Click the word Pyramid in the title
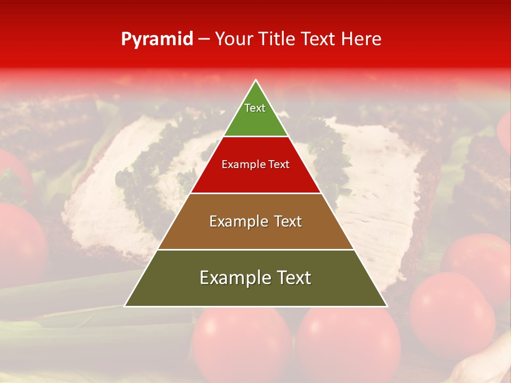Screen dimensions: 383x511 click(x=156, y=39)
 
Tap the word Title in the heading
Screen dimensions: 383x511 click(x=276, y=39)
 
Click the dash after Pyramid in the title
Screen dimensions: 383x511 click(x=204, y=39)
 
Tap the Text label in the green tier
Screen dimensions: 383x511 click(x=255, y=108)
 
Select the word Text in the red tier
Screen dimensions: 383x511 click(x=278, y=164)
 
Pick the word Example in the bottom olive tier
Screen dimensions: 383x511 click(x=235, y=278)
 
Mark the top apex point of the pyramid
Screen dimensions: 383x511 click(x=256, y=80)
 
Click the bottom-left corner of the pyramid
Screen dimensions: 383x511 click(x=125, y=306)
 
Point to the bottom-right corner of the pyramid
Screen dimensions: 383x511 click(x=386, y=306)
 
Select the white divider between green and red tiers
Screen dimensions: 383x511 click(x=256, y=137)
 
